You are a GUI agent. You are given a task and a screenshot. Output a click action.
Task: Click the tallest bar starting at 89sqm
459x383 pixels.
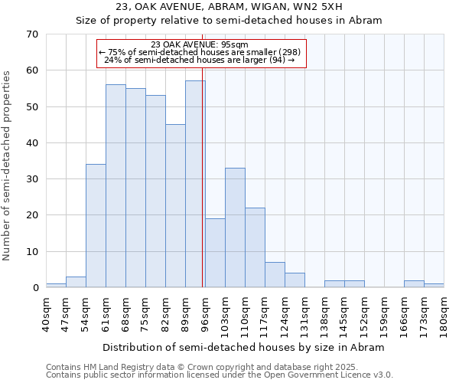tap(195, 184)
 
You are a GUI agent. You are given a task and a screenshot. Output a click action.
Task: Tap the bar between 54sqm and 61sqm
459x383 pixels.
tap(96, 226)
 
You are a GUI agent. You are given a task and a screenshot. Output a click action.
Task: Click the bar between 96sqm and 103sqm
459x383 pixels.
tap(215, 253)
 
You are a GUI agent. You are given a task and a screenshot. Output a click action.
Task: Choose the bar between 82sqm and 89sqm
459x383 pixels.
tap(175, 206)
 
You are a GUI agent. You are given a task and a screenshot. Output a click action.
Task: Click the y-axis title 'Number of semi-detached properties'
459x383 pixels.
tap(8, 165)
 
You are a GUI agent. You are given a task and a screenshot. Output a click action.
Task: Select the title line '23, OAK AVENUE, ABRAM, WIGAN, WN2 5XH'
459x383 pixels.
tap(229, 7)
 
